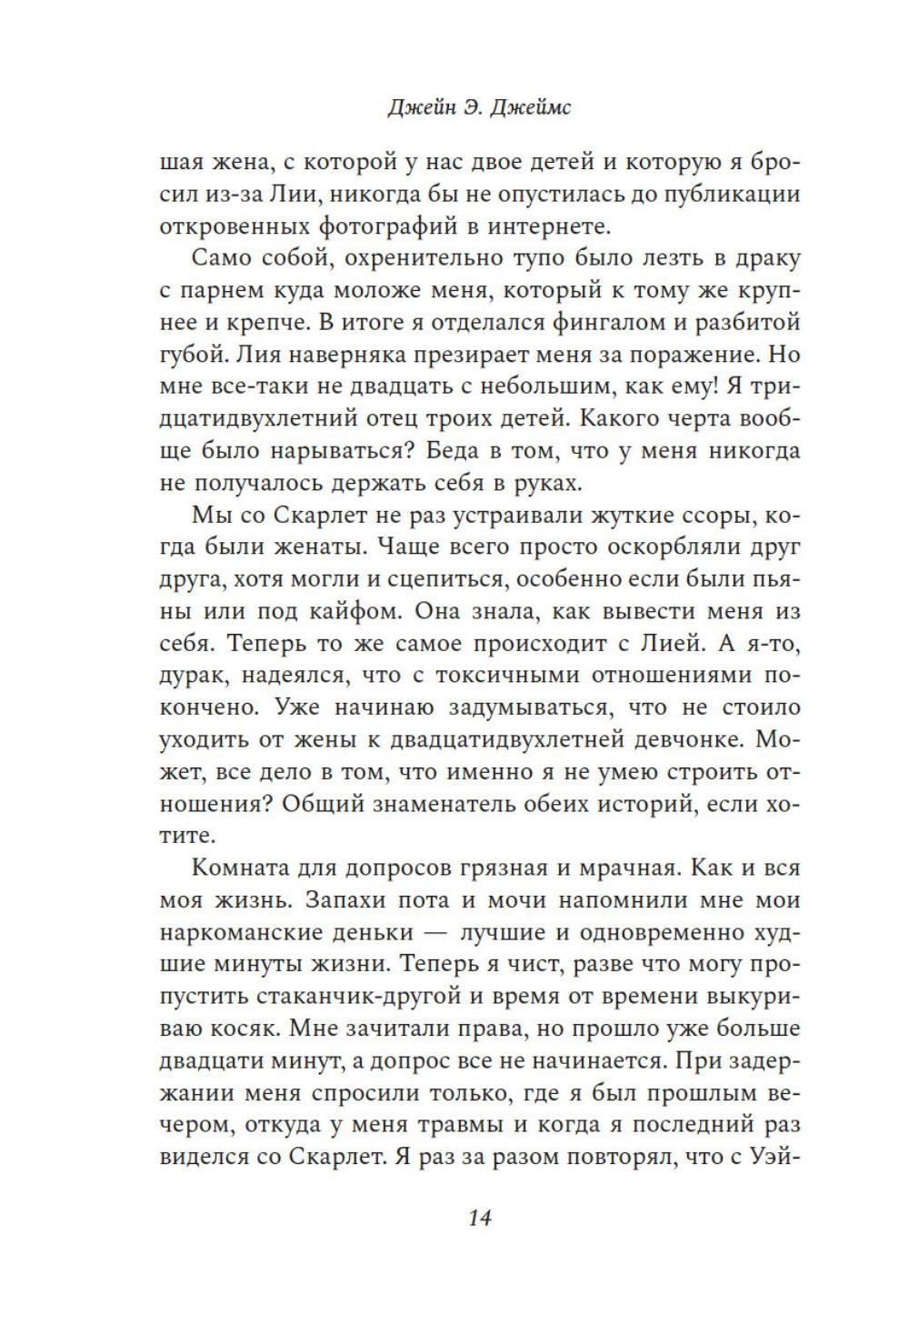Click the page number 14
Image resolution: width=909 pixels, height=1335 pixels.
click(479, 1218)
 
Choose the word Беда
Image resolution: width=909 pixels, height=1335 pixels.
click(467, 450)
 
